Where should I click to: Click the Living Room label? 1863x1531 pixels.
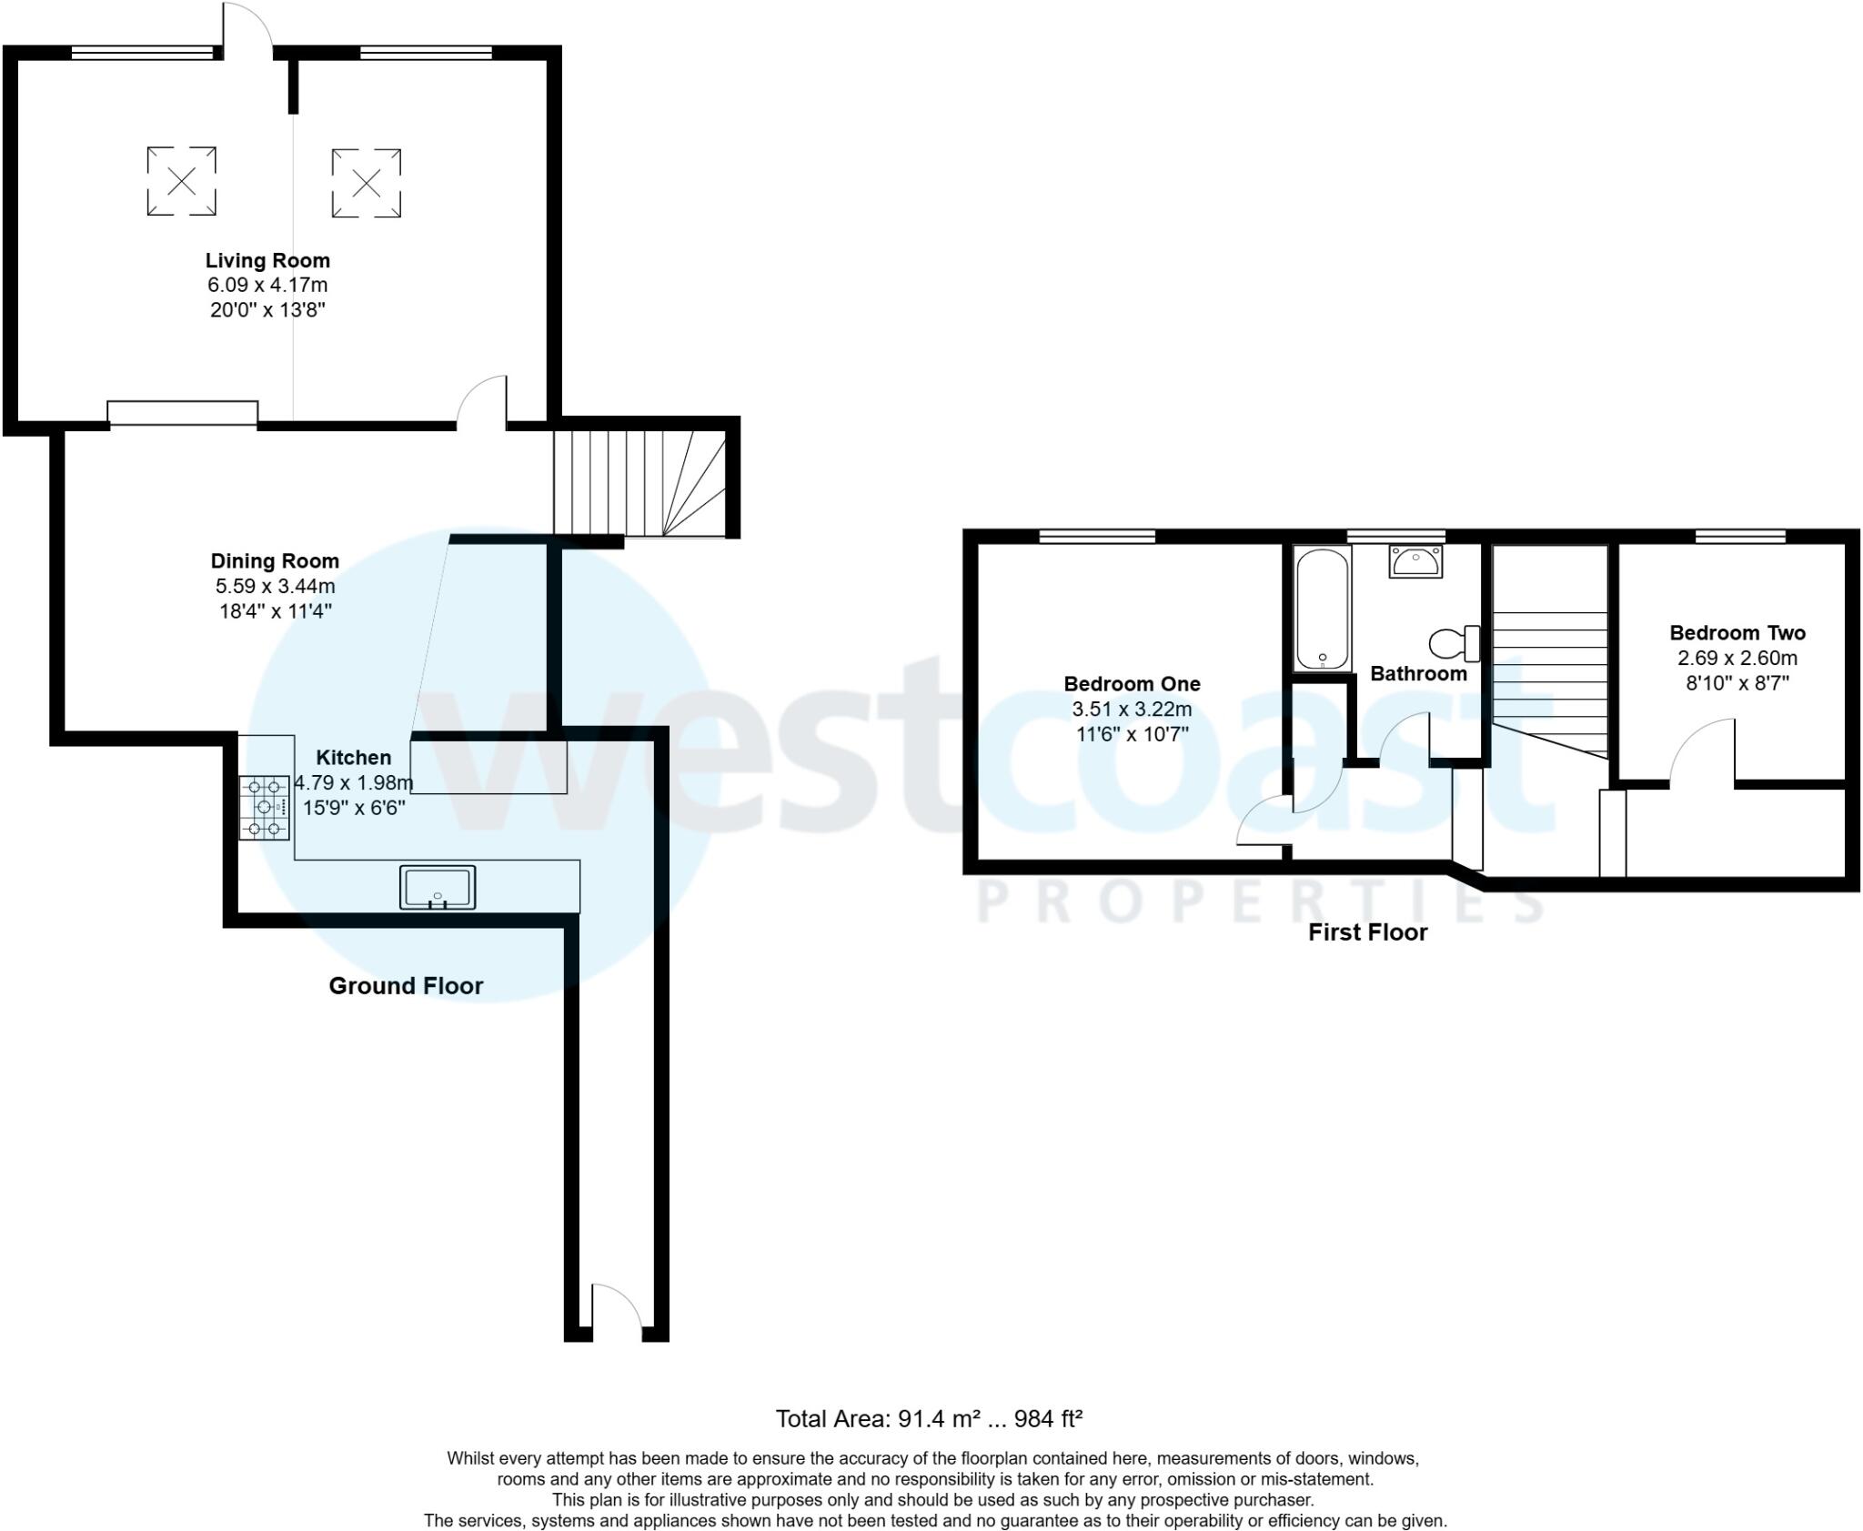267,261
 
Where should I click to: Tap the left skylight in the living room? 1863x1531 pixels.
182,181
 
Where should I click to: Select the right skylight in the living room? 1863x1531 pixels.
366,183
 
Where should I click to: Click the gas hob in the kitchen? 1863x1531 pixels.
265,807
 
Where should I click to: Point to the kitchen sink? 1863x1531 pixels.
438,887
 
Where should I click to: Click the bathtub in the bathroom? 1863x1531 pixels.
1322,608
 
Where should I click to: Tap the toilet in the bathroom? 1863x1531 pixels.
1453,643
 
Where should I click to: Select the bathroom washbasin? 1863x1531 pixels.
1415,560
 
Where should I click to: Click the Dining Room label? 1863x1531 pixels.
275,561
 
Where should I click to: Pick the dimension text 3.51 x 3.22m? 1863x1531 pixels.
1132,710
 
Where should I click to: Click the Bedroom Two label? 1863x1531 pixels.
1737,633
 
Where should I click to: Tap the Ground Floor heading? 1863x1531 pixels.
406,986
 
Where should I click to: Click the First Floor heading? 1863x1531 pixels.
1367,932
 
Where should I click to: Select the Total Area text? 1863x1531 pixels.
929,1418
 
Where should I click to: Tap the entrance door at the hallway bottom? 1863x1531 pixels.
617,1310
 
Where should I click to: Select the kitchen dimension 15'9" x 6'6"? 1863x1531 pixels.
354,808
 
